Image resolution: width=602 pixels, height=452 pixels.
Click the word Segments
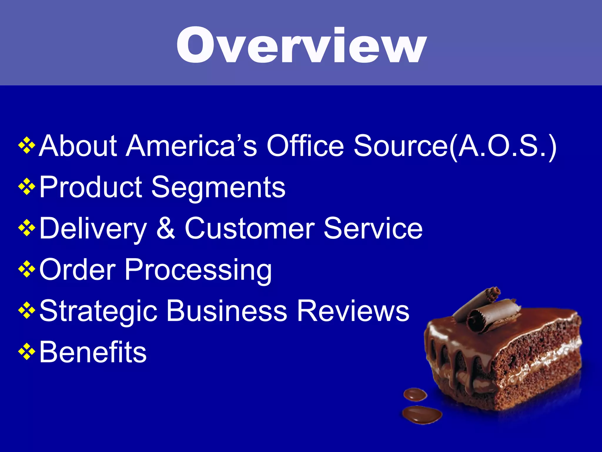(218, 187)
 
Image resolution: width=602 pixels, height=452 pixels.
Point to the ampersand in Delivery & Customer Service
(165, 228)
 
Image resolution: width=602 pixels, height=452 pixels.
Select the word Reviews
(353, 311)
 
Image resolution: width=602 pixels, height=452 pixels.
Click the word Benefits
(93, 352)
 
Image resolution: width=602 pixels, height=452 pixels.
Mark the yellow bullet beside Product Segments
(27, 187)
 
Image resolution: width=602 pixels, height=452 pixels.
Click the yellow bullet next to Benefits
(27, 351)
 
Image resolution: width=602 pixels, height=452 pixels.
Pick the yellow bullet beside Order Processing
(27, 269)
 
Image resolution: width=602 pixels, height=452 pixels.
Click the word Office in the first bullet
(305, 145)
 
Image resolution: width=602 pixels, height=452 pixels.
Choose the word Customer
(250, 228)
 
